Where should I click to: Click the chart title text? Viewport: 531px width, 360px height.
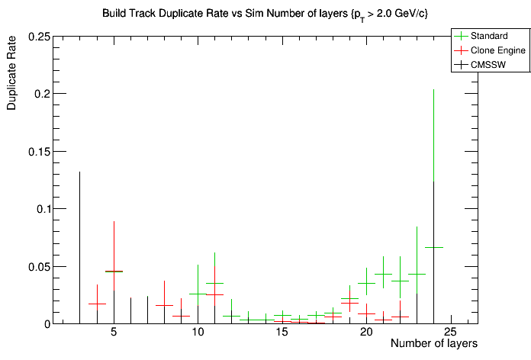click(x=265, y=15)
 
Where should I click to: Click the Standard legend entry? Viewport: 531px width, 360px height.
click(x=488, y=36)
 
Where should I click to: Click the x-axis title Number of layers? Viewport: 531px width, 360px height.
click(x=433, y=344)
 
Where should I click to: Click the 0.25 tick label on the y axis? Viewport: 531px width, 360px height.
click(x=39, y=37)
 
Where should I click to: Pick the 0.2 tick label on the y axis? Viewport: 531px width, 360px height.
click(x=43, y=94)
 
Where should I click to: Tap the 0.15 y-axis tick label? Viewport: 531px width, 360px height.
click(x=39, y=151)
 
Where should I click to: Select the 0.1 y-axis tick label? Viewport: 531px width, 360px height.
click(x=43, y=209)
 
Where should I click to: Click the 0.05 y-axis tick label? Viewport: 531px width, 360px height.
click(x=39, y=266)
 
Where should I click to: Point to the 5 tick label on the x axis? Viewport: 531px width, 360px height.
click(x=114, y=333)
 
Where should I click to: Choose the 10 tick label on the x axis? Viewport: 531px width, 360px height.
click(x=198, y=333)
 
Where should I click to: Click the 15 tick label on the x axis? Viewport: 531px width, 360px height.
click(x=282, y=333)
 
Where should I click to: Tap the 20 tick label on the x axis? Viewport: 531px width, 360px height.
click(x=365, y=333)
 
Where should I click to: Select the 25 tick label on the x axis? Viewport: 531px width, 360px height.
click(x=449, y=333)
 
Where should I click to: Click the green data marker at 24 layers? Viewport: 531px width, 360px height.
click(x=433, y=247)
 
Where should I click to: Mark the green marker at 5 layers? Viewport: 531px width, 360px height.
click(x=114, y=272)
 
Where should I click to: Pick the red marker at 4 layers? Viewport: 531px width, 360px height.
click(x=97, y=304)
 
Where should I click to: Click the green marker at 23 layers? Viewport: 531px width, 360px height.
click(x=417, y=274)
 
